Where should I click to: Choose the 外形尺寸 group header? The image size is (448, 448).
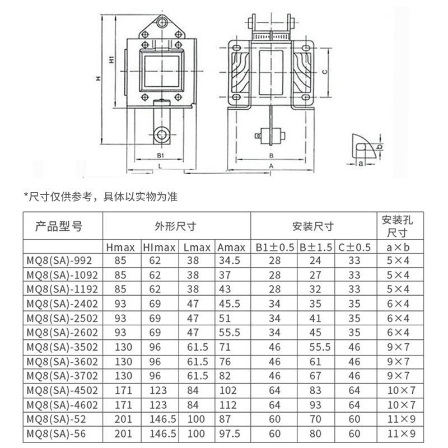175,227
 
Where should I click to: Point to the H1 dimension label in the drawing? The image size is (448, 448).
111,59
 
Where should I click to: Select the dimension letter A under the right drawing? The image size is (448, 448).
271,166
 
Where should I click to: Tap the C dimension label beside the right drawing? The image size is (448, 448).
325,71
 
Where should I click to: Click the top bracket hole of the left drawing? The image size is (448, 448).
162,23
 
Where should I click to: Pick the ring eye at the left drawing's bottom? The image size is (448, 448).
162,135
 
